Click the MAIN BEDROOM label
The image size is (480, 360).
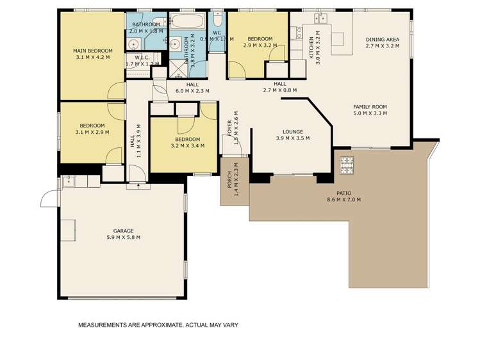coord(92,51)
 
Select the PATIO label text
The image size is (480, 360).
coord(343,193)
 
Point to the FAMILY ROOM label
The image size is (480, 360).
coord(370,107)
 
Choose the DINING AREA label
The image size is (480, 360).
coord(382,38)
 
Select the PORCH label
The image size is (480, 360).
coord(229,181)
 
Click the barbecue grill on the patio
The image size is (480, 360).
coord(346,167)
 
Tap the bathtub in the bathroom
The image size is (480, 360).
coord(187,21)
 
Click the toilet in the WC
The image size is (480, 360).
coord(217,19)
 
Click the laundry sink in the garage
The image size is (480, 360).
coord(69,181)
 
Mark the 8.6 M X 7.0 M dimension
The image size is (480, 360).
coord(343,200)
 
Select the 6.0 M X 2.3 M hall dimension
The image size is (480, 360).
coord(192,91)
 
